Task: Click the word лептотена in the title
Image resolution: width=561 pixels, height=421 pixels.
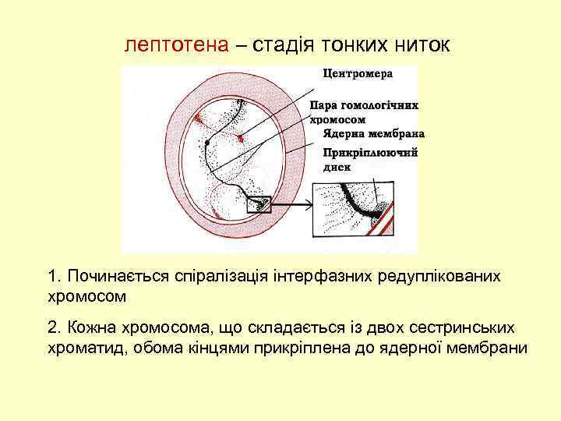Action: point(176,44)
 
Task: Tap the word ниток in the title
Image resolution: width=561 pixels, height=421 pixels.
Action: point(420,44)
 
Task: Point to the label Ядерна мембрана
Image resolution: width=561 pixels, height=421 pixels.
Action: point(359,133)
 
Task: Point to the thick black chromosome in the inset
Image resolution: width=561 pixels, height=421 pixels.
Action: point(358,204)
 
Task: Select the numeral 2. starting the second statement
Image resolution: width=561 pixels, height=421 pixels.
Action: point(54,327)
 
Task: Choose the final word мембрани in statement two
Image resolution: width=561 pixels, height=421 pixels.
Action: point(488,348)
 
